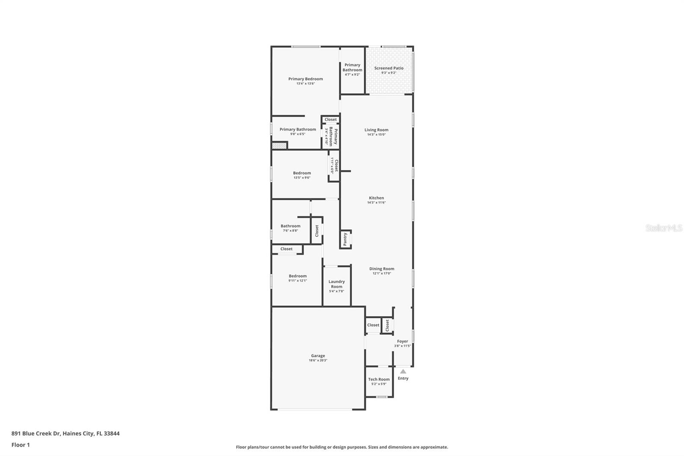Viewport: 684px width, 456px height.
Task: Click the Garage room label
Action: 318,355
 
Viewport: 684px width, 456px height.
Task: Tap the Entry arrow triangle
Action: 403,371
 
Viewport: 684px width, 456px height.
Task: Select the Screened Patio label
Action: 389,68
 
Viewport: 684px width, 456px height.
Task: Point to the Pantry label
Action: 345,239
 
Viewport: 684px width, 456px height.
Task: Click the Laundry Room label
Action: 336,284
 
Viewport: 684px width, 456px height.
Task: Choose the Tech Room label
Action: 379,379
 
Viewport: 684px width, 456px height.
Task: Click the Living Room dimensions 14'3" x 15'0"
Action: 376,134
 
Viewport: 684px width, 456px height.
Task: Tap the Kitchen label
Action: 376,198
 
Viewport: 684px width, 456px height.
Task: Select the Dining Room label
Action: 382,269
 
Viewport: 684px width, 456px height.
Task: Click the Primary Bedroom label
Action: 305,79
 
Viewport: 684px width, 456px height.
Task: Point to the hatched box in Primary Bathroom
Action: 279,145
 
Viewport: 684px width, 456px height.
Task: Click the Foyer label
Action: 402,341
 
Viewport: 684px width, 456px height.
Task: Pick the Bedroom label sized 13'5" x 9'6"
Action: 302,173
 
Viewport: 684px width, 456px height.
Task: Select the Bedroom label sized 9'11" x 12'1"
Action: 298,276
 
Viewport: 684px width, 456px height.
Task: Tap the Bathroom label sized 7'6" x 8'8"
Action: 290,226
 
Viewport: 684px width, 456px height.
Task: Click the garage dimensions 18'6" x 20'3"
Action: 318,360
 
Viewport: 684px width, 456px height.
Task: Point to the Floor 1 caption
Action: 21,445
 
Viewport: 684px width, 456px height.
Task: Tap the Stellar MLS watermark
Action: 663,228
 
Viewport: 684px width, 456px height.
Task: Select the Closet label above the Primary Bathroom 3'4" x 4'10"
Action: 330,119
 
